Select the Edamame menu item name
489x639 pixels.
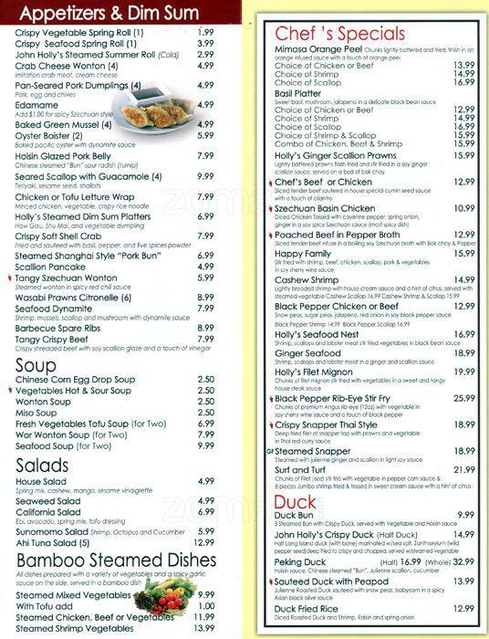tap(36, 105)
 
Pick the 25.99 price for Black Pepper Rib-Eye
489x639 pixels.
tap(464, 398)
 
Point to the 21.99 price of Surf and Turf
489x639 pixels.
tap(464, 468)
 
